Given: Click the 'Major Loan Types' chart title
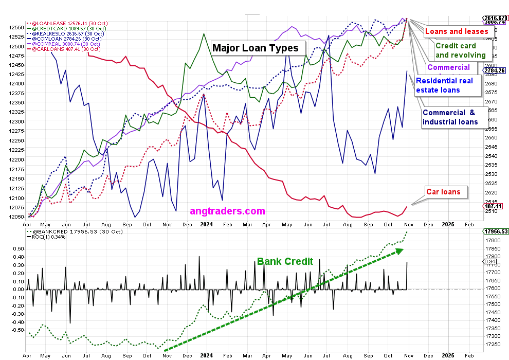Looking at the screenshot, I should coord(255,48).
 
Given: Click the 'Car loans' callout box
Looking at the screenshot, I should coord(446,192).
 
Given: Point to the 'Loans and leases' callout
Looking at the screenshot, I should coord(456,32).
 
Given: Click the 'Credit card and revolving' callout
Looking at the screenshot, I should coord(460,50).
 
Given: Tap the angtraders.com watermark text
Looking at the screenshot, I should coord(227,211).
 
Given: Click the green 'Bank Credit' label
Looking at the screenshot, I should coord(285,262).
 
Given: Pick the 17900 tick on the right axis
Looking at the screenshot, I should coord(495,241).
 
